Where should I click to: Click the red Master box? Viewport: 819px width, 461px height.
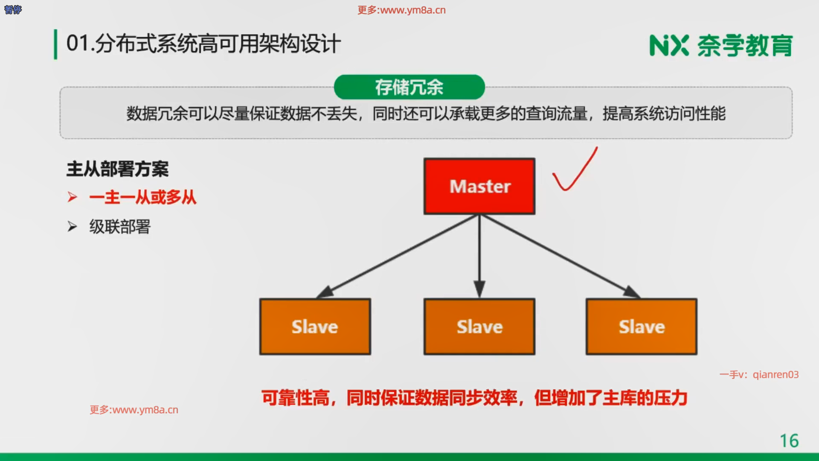click(x=479, y=186)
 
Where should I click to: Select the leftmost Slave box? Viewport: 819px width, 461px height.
click(x=315, y=327)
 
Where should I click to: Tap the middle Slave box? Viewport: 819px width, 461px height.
click(x=479, y=327)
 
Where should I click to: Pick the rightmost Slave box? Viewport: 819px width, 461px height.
click(x=642, y=327)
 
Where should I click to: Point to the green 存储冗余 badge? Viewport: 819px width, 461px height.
click(x=409, y=87)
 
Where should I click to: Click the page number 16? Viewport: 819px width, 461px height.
click(x=789, y=441)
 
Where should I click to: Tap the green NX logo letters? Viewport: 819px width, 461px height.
click(x=669, y=46)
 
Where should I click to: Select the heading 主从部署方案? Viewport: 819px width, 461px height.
click(x=118, y=169)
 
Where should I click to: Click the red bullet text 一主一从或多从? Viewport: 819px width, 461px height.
click(x=143, y=198)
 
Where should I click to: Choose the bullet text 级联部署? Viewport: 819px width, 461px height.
click(x=120, y=227)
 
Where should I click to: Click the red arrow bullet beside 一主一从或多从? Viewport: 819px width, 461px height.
click(x=72, y=197)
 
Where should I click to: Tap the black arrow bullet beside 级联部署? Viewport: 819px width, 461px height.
click(x=72, y=226)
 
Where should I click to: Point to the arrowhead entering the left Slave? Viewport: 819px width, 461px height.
click(x=325, y=292)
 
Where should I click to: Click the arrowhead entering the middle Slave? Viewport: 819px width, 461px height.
click(x=479, y=289)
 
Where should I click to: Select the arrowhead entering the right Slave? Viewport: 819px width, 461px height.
click(x=632, y=292)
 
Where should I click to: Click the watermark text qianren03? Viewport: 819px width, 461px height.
click(x=775, y=374)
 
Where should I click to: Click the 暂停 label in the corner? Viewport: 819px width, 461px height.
click(x=13, y=9)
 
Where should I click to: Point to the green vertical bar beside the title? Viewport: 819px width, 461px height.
click(x=55, y=44)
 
